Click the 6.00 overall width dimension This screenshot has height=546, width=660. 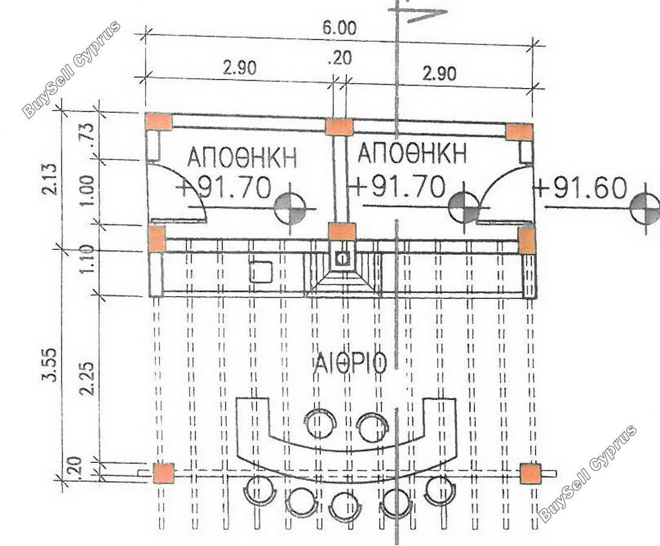pos(339,28)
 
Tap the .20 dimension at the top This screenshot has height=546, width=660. pos(339,58)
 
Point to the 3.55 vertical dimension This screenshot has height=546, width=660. pos(50,365)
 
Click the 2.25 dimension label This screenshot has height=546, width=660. pos(87,379)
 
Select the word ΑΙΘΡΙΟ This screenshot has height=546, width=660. pos(350,363)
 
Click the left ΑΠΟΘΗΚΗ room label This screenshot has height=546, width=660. pos(242,157)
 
